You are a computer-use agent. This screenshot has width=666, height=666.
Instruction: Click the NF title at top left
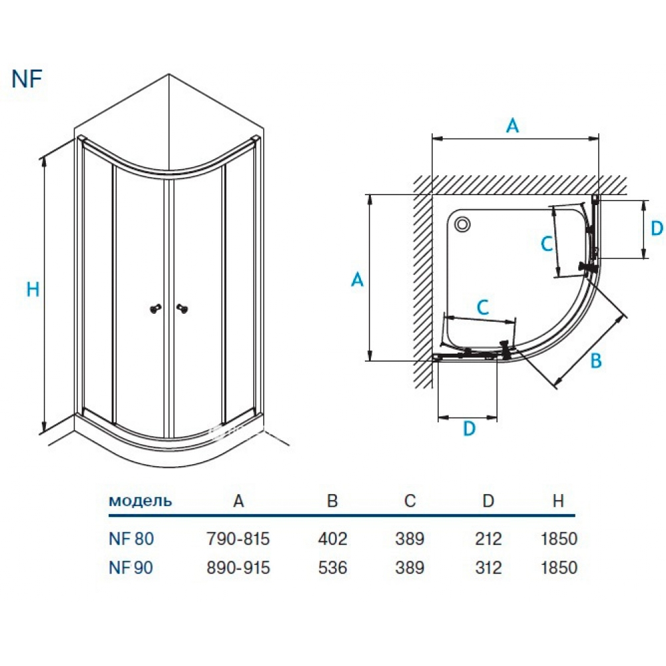27,78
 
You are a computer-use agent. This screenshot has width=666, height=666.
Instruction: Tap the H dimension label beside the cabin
33,289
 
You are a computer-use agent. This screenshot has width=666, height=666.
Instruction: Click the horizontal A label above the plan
511,125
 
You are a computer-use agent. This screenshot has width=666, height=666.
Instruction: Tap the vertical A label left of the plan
357,280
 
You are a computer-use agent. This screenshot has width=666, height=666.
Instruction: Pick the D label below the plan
469,430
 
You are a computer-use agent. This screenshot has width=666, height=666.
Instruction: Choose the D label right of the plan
657,228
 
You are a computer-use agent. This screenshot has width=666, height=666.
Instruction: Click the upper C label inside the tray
546,244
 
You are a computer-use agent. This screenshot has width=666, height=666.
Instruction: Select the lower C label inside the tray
484,308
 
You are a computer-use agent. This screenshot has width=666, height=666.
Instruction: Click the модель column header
140,501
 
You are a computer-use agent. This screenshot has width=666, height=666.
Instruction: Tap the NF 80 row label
131,538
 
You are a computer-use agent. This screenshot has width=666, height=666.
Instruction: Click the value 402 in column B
333,538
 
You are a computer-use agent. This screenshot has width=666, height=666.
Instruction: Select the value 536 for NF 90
333,568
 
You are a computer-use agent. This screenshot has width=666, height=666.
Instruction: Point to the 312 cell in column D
488,568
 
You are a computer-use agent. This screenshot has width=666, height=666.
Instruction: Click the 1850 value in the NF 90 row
559,568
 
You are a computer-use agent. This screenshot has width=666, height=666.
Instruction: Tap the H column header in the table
558,501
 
